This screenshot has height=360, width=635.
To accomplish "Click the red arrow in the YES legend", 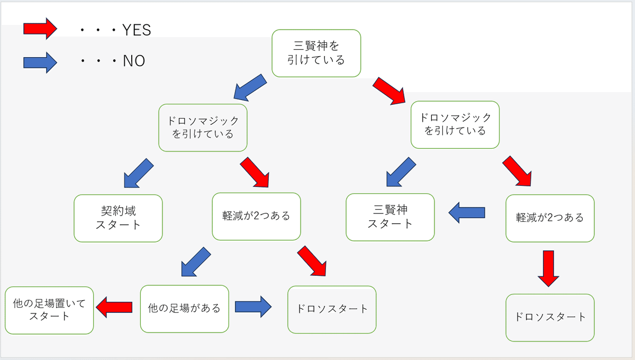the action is [x=40, y=29].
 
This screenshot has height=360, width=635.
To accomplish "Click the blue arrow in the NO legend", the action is [x=40, y=62].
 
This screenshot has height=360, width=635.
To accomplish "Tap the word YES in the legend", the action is [x=137, y=30].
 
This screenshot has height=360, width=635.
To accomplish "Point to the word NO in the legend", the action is [x=134, y=61].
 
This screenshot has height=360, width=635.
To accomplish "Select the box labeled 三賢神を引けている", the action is [x=316, y=53].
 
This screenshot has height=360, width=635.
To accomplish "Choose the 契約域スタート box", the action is [x=118, y=218].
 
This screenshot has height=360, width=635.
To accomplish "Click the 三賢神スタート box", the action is [x=390, y=217].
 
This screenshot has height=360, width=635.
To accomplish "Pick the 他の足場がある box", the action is [x=185, y=309].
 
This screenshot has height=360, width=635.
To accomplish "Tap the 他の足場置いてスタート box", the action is [x=49, y=310].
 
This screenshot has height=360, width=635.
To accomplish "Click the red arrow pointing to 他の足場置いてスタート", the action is [x=114, y=307].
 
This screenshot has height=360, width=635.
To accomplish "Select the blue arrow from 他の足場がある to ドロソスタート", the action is [x=253, y=307].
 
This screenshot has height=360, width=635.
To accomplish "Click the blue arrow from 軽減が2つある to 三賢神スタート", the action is [x=467, y=212].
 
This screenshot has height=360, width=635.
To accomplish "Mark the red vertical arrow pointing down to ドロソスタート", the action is [x=549, y=268].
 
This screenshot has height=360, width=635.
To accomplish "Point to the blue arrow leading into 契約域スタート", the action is [x=139, y=173].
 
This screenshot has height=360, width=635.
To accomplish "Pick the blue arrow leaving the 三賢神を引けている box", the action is [x=250, y=88].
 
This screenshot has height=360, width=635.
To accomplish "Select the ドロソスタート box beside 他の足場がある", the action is [x=332, y=310].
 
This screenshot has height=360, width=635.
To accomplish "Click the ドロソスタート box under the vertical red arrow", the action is [x=550, y=318].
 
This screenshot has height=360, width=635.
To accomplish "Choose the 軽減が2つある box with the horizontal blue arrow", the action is [x=550, y=218].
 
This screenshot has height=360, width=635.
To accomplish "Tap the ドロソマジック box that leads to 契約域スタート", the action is [x=203, y=128].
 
